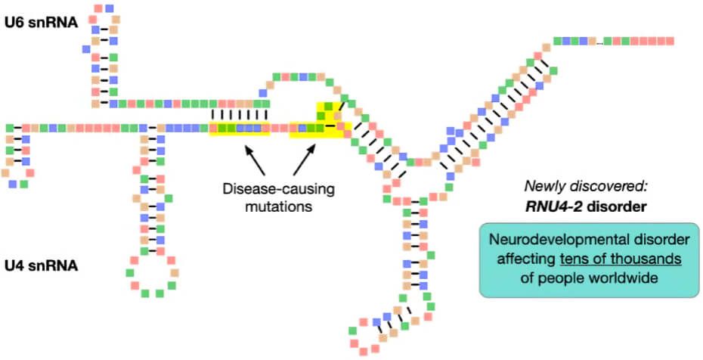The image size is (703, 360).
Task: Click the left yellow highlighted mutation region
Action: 239,129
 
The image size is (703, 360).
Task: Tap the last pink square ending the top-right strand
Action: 669,41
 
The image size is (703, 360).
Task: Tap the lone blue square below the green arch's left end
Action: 264,94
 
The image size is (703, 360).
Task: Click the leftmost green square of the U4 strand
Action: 10,129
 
